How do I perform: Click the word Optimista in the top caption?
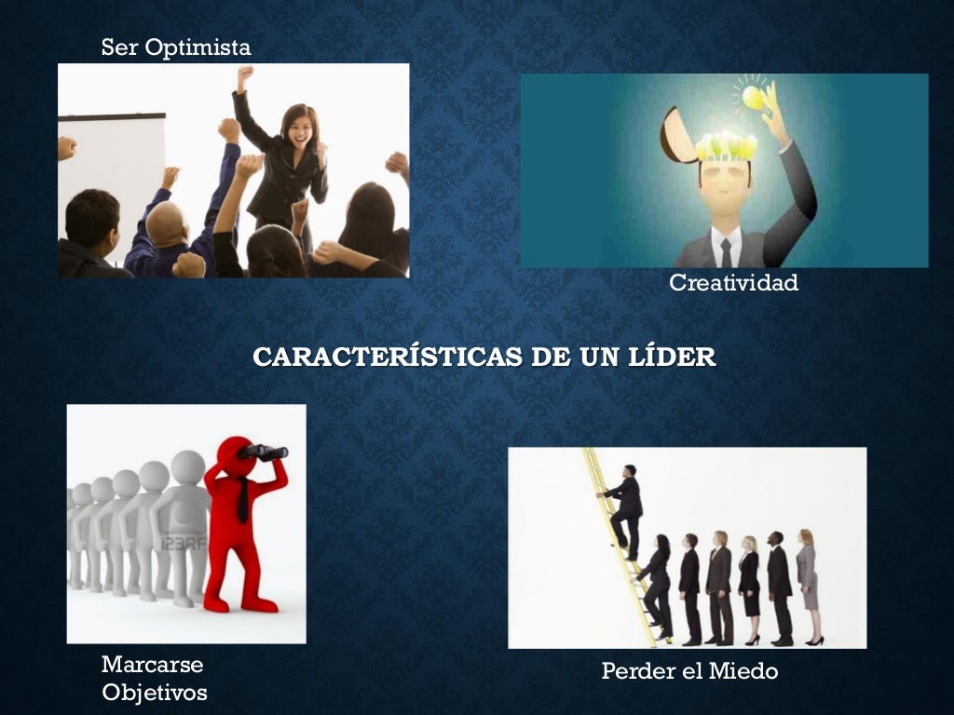pos(198,47)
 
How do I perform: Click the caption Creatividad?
pos(733,283)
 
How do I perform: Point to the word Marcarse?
pos(152,665)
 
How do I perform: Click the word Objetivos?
pos(154,693)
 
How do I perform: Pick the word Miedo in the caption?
pos(743,670)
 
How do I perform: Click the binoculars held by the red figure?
pos(264,452)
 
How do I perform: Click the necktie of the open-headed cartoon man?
pos(726,251)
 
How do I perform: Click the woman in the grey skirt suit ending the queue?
pos(807,587)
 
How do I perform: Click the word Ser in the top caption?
pos(118,47)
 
